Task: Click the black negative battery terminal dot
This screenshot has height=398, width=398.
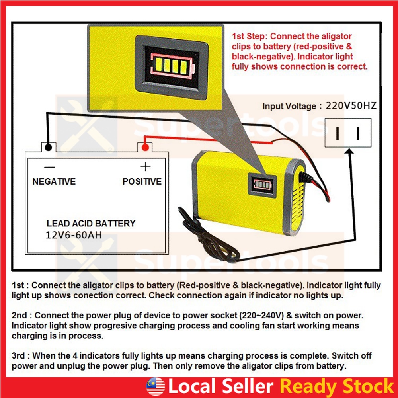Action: [x=48, y=148]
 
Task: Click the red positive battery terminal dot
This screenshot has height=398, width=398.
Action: [x=145, y=148]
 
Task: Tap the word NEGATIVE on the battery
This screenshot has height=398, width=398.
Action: [x=54, y=182]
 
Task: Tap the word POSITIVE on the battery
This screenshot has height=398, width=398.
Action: [x=142, y=182]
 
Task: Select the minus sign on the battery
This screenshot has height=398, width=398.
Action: [x=50, y=167]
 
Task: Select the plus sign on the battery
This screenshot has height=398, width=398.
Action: [x=146, y=166]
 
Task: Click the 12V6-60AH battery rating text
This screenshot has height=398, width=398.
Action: [x=74, y=235]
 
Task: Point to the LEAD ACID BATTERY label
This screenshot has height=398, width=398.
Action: [x=91, y=224]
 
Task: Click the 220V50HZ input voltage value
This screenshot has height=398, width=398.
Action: [x=351, y=106]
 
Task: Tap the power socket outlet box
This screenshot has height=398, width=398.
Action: [x=348, y=133]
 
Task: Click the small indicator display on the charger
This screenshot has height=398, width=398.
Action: [x=262, y=185]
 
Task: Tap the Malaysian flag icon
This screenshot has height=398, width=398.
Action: [x=155, y=386]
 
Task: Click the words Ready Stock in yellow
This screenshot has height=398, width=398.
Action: [x=336, y=386]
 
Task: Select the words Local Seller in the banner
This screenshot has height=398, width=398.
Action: [x=220, y=386]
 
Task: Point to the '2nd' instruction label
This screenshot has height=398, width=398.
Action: [x=19, y=316]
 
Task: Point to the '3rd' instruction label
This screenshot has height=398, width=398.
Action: [x=19, y=355]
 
